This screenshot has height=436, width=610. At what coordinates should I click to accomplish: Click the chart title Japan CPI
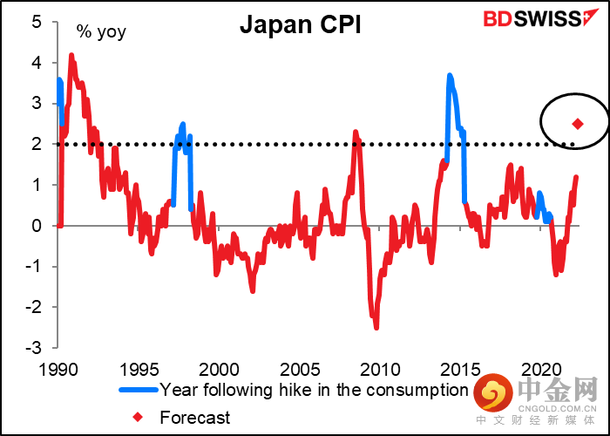pyautogui.click(x=301, y=25)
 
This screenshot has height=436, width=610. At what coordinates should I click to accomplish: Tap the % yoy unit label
pyautogui.click(x=99, y=33)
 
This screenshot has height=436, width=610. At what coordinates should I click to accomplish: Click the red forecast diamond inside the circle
pyautogui.click(x=578, y=124)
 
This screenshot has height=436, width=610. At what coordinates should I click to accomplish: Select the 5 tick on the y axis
pyautogui.click(x=37, y=22)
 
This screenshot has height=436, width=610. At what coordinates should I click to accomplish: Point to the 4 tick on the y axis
pyautogui.click(x=37, y=63)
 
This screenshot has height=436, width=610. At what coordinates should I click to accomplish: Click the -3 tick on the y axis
pyautogui.click(x=33, y=348)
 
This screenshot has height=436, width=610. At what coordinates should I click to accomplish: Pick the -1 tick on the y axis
pyautogui.click(x=33, y=267)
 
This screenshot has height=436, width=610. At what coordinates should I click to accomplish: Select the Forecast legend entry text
pyautogui.click(x=195, y=418)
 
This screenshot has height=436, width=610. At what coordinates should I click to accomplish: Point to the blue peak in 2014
pyautogui.click(x=449, y=76)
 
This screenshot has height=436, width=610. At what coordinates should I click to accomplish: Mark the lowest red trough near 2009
pyautogui.click(x=376, y=327)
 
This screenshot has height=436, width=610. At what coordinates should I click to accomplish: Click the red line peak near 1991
pyautogui.click(x=71, y=56)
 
